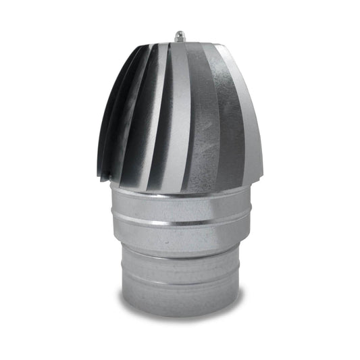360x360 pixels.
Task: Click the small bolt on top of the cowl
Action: (x=180, y=36)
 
